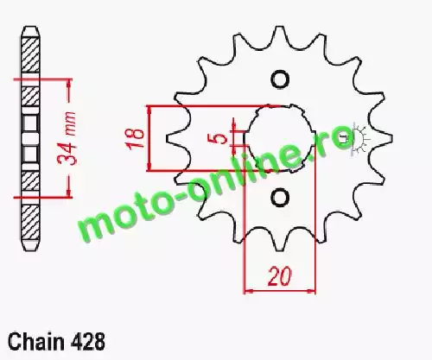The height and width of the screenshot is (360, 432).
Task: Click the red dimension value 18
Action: pyautogui.click(x=135, y=137)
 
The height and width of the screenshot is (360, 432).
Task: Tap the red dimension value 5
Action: pyautogui.click(x=221, y=138)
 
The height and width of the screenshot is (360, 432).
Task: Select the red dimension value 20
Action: pyautogui.click(x=280, y=277)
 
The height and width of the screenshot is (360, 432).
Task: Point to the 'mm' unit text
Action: pyautogui.click(x=69, y=123)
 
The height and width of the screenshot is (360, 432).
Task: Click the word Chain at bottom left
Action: pyautogui.click(x=36, y=342)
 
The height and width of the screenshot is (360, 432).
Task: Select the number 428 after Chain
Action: pyautogui.click(x=87, y=342)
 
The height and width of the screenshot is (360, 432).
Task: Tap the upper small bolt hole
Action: pyautogui.click(x=280, y=79)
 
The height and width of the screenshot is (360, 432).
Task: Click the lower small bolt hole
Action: pyautogui.click(x=280, y=198)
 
